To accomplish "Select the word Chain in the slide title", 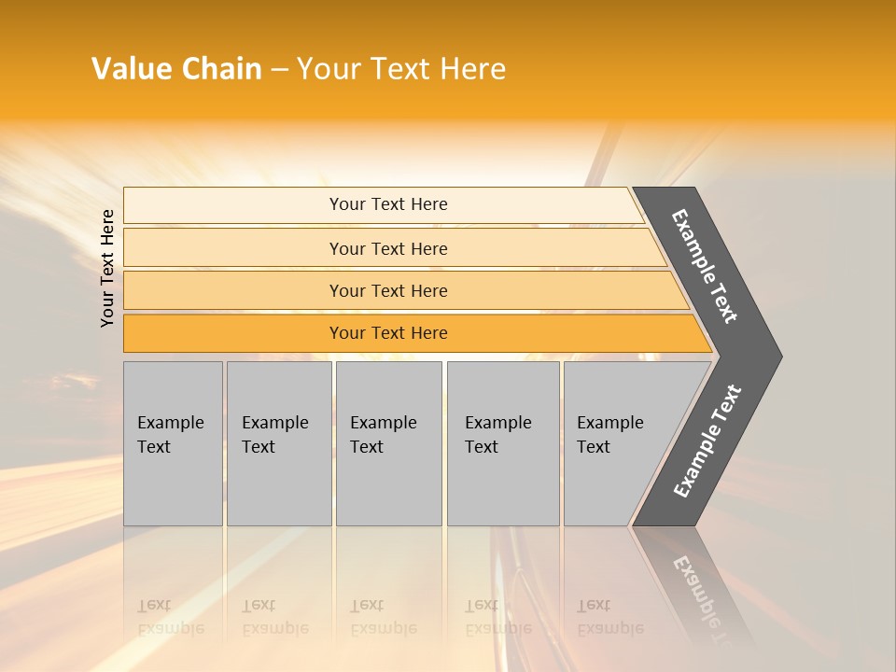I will [x=222, y=69].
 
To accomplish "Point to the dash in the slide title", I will [x=279, y=70].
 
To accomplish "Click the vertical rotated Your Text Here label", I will [x=107, y=268].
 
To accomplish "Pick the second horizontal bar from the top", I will [x=387, y=248].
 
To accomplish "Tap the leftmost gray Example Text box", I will [x=173, y=443].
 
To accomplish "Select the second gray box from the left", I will [x=279, y=443].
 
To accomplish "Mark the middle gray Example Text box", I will [x=388, y=443].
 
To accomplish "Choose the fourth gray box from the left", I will [x=503, y=443].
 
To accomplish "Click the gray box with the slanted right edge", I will [x=616, y=443].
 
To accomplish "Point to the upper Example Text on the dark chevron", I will [x=705, y=266].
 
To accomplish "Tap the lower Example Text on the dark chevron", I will [x=707, y=441].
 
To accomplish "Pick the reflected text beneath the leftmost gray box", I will [x=170, y=617].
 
